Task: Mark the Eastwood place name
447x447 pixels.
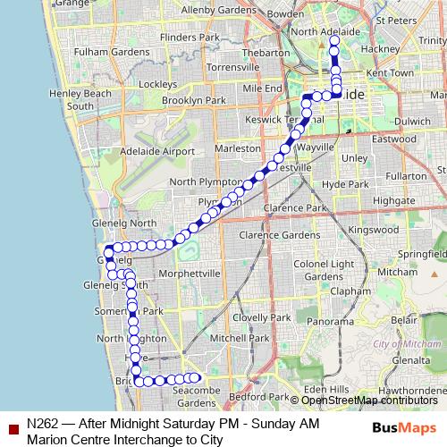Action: click(394, 138)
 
